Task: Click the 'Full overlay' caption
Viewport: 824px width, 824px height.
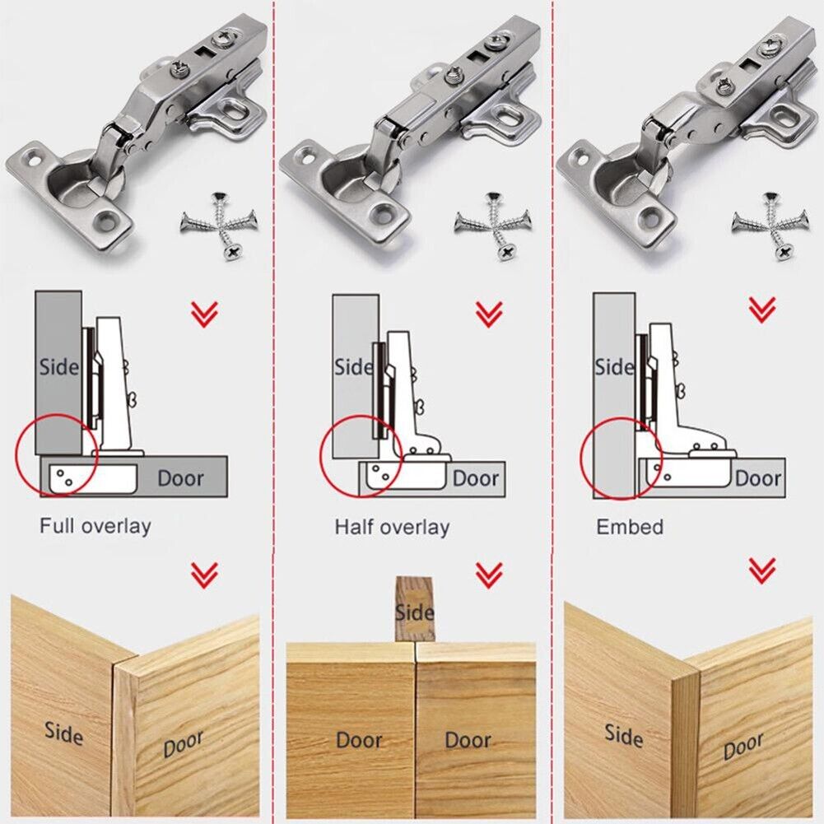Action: tap(95, 525)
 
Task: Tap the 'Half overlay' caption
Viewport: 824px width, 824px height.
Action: tap(392, 527)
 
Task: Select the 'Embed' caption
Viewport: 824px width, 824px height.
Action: tap(630, 527)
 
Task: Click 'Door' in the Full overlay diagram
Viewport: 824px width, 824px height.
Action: tap(180, 477)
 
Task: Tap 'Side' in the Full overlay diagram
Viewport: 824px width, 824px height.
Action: tap(58, 366)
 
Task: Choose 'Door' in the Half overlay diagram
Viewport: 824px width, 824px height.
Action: tap(476, 478)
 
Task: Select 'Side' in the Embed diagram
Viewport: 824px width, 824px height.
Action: tap(614, 366)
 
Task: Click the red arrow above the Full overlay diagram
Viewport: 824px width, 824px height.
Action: tap(204, 314)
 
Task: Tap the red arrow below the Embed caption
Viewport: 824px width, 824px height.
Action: tap(761, 569)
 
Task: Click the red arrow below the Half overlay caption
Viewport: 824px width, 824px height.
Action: tap(489, 573)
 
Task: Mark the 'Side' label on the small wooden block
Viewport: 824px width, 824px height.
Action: tap(414, 612)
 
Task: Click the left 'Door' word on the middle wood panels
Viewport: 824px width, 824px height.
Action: tap(360, 739)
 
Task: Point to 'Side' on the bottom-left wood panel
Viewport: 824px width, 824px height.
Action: tap(63, 731)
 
